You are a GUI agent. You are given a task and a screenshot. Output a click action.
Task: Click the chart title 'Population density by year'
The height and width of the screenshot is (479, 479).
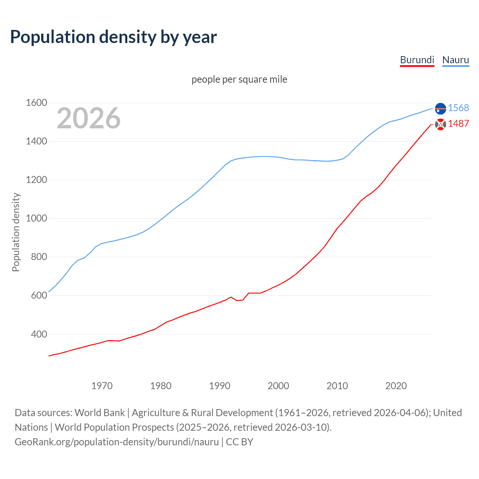pos(113,37)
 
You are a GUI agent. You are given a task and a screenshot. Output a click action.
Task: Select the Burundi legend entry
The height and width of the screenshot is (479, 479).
pos(417,60)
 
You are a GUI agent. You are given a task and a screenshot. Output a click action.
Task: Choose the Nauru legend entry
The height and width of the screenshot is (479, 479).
pos(455,60)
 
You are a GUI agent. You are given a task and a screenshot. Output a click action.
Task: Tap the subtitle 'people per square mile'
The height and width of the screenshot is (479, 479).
pos(239,79)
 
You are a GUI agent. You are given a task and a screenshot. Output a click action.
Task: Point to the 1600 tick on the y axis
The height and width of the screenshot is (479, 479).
pos(36,103)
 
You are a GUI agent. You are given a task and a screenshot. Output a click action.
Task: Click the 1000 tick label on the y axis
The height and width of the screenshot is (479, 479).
pos(36,218)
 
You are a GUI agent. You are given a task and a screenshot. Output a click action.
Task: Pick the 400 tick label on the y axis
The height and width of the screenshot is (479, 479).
pos(39,334)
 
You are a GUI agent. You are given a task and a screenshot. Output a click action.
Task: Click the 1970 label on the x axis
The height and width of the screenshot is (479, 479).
pos(102,386)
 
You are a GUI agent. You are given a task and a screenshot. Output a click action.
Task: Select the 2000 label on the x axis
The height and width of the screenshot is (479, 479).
pos(278,386)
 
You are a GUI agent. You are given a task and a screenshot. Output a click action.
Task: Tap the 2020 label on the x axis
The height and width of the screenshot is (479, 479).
pos(396,386)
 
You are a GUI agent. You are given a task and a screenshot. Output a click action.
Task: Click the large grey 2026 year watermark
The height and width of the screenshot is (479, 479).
pos(89,118)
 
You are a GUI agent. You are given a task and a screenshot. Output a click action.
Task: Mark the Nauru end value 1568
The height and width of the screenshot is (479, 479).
pos(458,108)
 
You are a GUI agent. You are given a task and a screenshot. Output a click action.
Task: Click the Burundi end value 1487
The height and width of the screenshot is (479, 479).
pos(458,123)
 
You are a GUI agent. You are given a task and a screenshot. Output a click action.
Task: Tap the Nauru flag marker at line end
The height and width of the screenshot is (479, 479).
pos(440,108)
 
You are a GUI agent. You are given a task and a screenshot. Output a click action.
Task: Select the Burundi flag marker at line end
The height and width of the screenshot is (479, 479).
pos(440,124)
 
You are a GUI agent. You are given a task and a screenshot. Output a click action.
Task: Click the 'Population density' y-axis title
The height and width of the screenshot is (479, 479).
pos(16,232)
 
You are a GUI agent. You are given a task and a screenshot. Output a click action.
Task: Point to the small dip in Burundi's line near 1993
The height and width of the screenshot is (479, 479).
pos(237,300)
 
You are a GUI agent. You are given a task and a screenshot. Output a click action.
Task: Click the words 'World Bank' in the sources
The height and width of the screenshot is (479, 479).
pos(100,413)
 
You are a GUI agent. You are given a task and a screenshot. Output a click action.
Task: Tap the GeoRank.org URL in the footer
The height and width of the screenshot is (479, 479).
pos(117,442)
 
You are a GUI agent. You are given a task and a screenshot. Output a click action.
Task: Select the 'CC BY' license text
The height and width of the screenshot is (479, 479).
pos(239,442)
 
